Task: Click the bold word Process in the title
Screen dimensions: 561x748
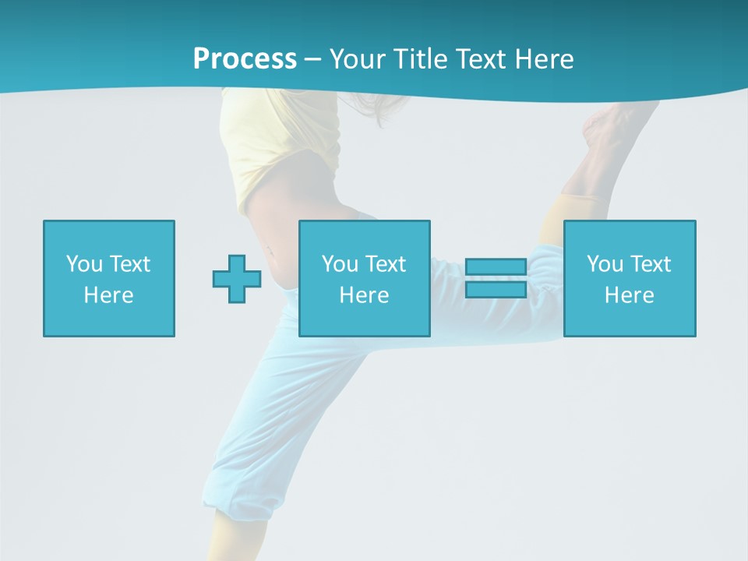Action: (245, 59)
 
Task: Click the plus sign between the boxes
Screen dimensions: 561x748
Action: (237, 279)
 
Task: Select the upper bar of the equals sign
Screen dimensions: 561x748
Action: (496, 267)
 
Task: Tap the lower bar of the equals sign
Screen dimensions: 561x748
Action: (496, 290)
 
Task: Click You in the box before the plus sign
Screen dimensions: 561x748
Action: (83, 264)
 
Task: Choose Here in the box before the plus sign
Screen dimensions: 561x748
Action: (108, 295)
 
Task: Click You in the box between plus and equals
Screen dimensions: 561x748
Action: (340, 264)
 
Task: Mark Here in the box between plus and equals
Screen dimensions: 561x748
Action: (364, 295)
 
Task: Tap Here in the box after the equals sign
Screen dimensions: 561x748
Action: (629, 295)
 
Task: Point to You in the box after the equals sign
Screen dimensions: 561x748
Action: (604, 264)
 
